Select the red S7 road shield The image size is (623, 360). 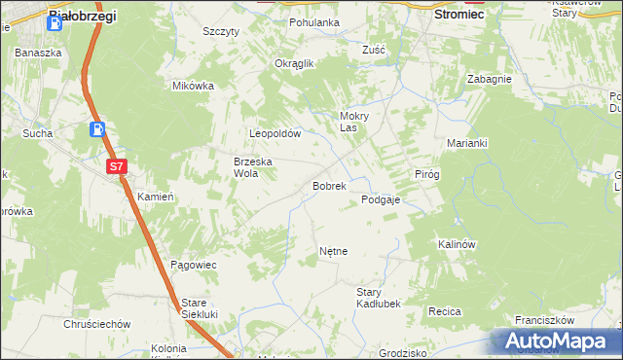click(117, 166)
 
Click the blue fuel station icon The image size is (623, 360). click(98, 128)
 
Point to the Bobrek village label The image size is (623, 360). click(329, 185)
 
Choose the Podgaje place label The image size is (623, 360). click(381, 199)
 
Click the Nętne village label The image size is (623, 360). click(333, 251)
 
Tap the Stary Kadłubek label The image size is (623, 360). click(379, 298)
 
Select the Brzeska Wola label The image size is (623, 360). click(251, 167)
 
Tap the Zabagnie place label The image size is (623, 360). click(489, 79)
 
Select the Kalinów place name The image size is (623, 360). click(456, 244)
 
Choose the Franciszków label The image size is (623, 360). click(545, 319)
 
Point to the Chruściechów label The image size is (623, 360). click(96, 323)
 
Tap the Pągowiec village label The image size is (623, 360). click(193, 265)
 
